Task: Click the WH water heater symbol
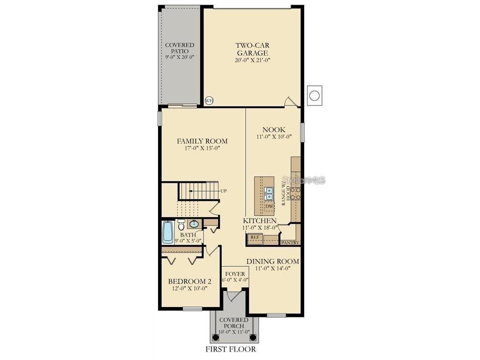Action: pos(209,100)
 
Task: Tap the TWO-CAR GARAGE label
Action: pos(252,49)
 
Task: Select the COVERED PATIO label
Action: pos(180,48)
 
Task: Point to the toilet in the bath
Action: pos(181,225)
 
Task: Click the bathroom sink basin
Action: pos(194,224)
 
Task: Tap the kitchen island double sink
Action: pos(269,191)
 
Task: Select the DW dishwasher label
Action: pos(269,206)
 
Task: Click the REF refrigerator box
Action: pos(255,238)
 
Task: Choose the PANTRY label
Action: pos(290,242)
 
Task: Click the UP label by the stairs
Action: pos(224,191)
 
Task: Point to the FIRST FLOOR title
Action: pos(231,349)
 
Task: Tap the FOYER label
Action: pos(235,274)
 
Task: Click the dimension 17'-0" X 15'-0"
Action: pos(202,148)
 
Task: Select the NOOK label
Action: pos(274,130)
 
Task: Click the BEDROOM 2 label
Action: pos(190,281)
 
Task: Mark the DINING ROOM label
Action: pos(273,261)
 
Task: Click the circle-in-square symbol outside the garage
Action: pos(315,96)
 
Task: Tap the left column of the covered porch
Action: pos(216,337)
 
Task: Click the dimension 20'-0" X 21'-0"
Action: pos(252,60)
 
